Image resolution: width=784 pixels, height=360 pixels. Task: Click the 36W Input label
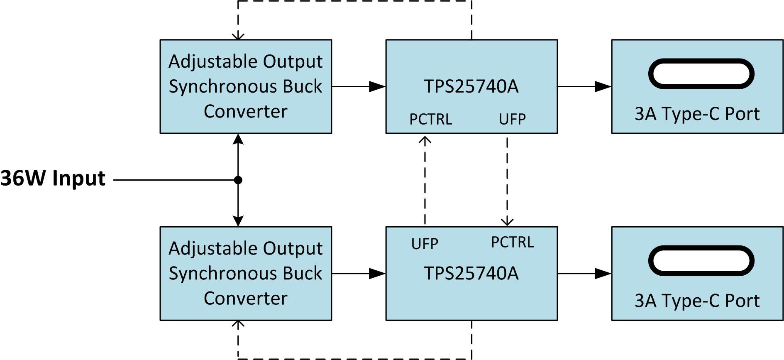point(53,179)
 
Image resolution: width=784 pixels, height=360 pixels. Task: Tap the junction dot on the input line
point(238,180)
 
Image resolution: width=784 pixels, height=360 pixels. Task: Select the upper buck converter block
point(246,86)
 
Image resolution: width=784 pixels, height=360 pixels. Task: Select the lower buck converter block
point(246,273)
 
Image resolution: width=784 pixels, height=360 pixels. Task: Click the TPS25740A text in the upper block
point(471,86)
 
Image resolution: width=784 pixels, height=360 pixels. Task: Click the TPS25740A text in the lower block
point(471,273)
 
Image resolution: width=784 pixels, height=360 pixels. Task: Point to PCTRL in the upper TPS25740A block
point(430,119)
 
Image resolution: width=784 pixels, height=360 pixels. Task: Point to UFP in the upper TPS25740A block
point(512,119)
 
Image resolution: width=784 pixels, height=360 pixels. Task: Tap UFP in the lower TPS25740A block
point(425,244)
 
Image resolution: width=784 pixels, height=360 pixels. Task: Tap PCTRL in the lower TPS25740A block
point(512,242)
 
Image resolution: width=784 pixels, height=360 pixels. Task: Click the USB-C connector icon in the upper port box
point(701,74)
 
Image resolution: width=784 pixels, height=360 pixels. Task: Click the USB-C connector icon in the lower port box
point(701,261)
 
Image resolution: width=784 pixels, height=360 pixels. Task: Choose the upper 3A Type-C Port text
point(697,114)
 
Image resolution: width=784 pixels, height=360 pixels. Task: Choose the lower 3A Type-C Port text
point(697,301)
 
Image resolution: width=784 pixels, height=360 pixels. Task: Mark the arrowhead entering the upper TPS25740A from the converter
point(377,86)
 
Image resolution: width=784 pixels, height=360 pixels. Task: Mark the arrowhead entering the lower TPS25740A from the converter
point(377,273)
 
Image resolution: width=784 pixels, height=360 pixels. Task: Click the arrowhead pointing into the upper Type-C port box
point(603,86)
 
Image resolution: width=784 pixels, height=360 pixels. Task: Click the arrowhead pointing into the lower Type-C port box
point(603,273)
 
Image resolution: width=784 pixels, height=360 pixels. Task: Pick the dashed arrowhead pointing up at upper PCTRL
point(425,140)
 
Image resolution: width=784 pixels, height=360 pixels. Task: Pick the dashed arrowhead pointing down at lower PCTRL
point(507,221)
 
